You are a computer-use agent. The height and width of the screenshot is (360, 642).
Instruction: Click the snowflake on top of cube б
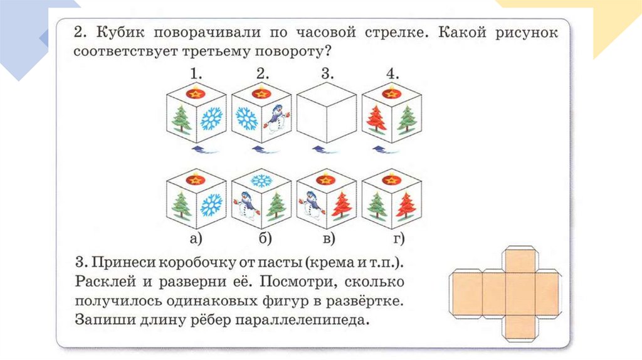(x=260, y=180)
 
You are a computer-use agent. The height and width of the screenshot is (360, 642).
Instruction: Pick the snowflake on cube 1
(x=211, y=119)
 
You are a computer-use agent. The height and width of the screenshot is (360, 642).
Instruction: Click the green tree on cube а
(x=181, y=205)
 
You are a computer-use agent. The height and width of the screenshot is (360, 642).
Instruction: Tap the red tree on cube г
(x=405, y=204)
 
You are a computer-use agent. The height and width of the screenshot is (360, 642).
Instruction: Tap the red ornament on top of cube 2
(x=260, y=93)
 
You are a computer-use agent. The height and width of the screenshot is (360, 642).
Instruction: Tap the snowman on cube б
(x=246, y=204)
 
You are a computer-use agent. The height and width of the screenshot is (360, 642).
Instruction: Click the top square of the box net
(x=520, y=260)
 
